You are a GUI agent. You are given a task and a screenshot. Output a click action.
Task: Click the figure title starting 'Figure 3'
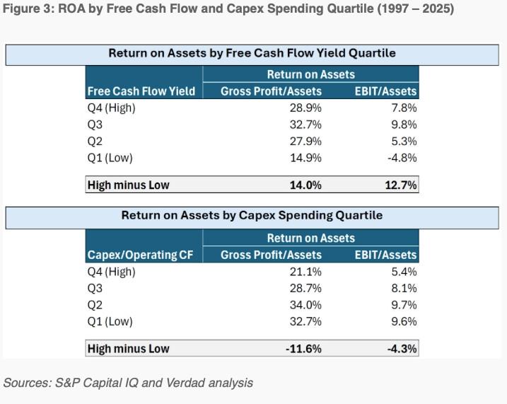coord(228,8)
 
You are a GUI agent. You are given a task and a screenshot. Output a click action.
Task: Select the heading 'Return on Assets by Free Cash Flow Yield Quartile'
coord(252,53)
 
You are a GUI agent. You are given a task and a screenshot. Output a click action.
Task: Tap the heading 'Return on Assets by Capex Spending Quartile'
coord(252,216)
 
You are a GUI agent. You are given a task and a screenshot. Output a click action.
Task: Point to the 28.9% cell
coord(306,108)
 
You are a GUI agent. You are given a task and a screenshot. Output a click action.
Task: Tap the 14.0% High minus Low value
coord(306,185)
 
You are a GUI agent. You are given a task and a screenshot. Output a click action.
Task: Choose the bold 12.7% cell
coord(401,185)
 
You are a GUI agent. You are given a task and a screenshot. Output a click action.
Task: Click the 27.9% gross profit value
coord(306,141)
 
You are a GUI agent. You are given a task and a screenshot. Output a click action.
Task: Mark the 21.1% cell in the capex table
coord(306,272)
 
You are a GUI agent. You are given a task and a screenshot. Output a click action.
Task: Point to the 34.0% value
coord(306,305)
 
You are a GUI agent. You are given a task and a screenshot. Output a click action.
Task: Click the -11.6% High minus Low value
coord(304,349)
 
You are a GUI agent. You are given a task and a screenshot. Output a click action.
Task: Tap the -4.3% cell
coord(401,349)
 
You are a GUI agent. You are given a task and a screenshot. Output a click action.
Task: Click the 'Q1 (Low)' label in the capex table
coord(110,321)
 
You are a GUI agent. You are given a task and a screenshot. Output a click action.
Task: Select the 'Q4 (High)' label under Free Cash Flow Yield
coord(111,108)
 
